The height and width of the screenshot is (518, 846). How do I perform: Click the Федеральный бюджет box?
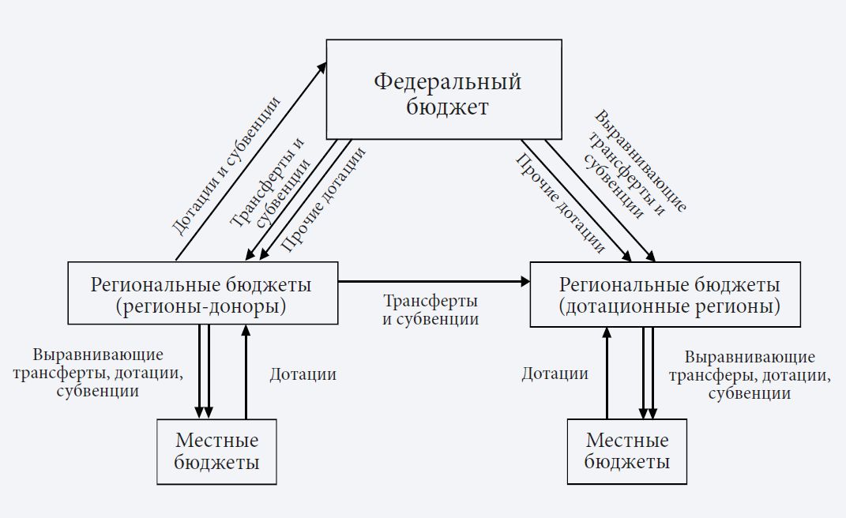pyautogui.click(x=444, y=89)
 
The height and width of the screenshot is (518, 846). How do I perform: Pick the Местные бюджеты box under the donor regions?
pyautogui.click(x=217, y=451)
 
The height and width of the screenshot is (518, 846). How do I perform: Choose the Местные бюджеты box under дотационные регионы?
pyautogui.click(x=626, y=451)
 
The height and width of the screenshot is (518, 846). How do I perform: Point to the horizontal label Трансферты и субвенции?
pyautogui.click(x=431, y=310)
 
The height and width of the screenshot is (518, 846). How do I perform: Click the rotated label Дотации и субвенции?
pyautogui.click(x=226, y=166)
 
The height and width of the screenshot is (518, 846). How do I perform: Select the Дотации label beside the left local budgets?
pyautogui.click(x=303, y=374)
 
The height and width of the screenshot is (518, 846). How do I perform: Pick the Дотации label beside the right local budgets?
pyautogui.click(x=555, y=374)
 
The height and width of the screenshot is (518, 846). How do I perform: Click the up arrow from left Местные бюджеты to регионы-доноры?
pyautogui.click(x=246, y=371)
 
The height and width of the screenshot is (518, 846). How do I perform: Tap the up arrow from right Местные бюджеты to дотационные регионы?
pyautogui.click(x=607, y=371)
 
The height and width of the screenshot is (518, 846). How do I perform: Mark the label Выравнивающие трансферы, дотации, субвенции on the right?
pyautogui.click(x=750, y=376)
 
